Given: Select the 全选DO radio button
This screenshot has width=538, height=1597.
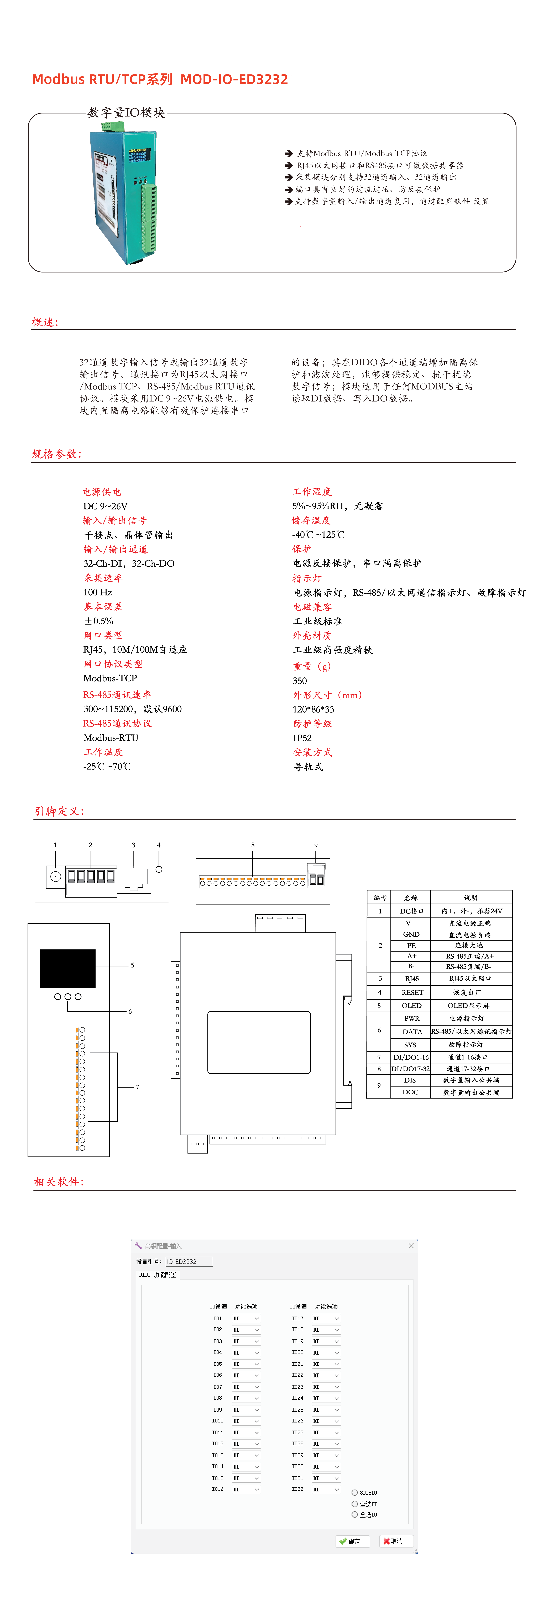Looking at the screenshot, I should pyautogui.click(x=354, y=1514).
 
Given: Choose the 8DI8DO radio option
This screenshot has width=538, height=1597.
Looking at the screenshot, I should pyautogui.click(x=354, y=1493).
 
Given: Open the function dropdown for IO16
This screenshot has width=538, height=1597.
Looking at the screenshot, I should pyautogui.click(x=246, y=1489).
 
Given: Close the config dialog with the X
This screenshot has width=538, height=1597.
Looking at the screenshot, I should pyautogui.click(x=411, y=1246).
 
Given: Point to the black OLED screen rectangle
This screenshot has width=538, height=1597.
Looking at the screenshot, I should pyautogui.click(x=68, y=968).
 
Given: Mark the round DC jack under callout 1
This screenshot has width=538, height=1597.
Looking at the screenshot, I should pyautogui.click(x=55, y=876).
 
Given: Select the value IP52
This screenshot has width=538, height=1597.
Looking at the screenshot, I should pyautogui.click(x=302, y=738).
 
